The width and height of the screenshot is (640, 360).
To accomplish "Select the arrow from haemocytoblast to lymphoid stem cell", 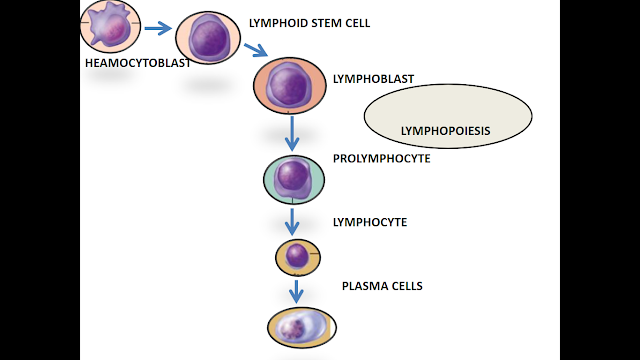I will click(x=157, y=28).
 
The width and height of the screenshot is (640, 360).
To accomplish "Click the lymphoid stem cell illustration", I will click(x=210, y=38).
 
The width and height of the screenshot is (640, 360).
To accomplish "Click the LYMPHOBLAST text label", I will click(x=372, y=78).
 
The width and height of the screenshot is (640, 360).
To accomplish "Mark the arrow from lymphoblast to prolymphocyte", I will click(x=292, y=133).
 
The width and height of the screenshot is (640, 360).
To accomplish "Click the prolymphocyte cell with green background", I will click(x=294, y=179).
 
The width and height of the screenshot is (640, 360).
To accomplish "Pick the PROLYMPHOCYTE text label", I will click(x=381, y=159).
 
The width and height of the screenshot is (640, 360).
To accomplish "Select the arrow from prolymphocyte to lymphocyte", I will click(x=293, y=221).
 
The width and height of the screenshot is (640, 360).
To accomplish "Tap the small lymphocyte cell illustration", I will click(x=298, y=257).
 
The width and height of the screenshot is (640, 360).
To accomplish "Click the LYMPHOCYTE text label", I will click(x=369, y=221).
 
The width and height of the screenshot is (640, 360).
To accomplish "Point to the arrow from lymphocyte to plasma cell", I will click(x=296, y=291).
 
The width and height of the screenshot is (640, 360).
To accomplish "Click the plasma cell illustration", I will click(x=301, y=327).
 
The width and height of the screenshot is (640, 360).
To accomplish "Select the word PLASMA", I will click(x=363, y=286).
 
